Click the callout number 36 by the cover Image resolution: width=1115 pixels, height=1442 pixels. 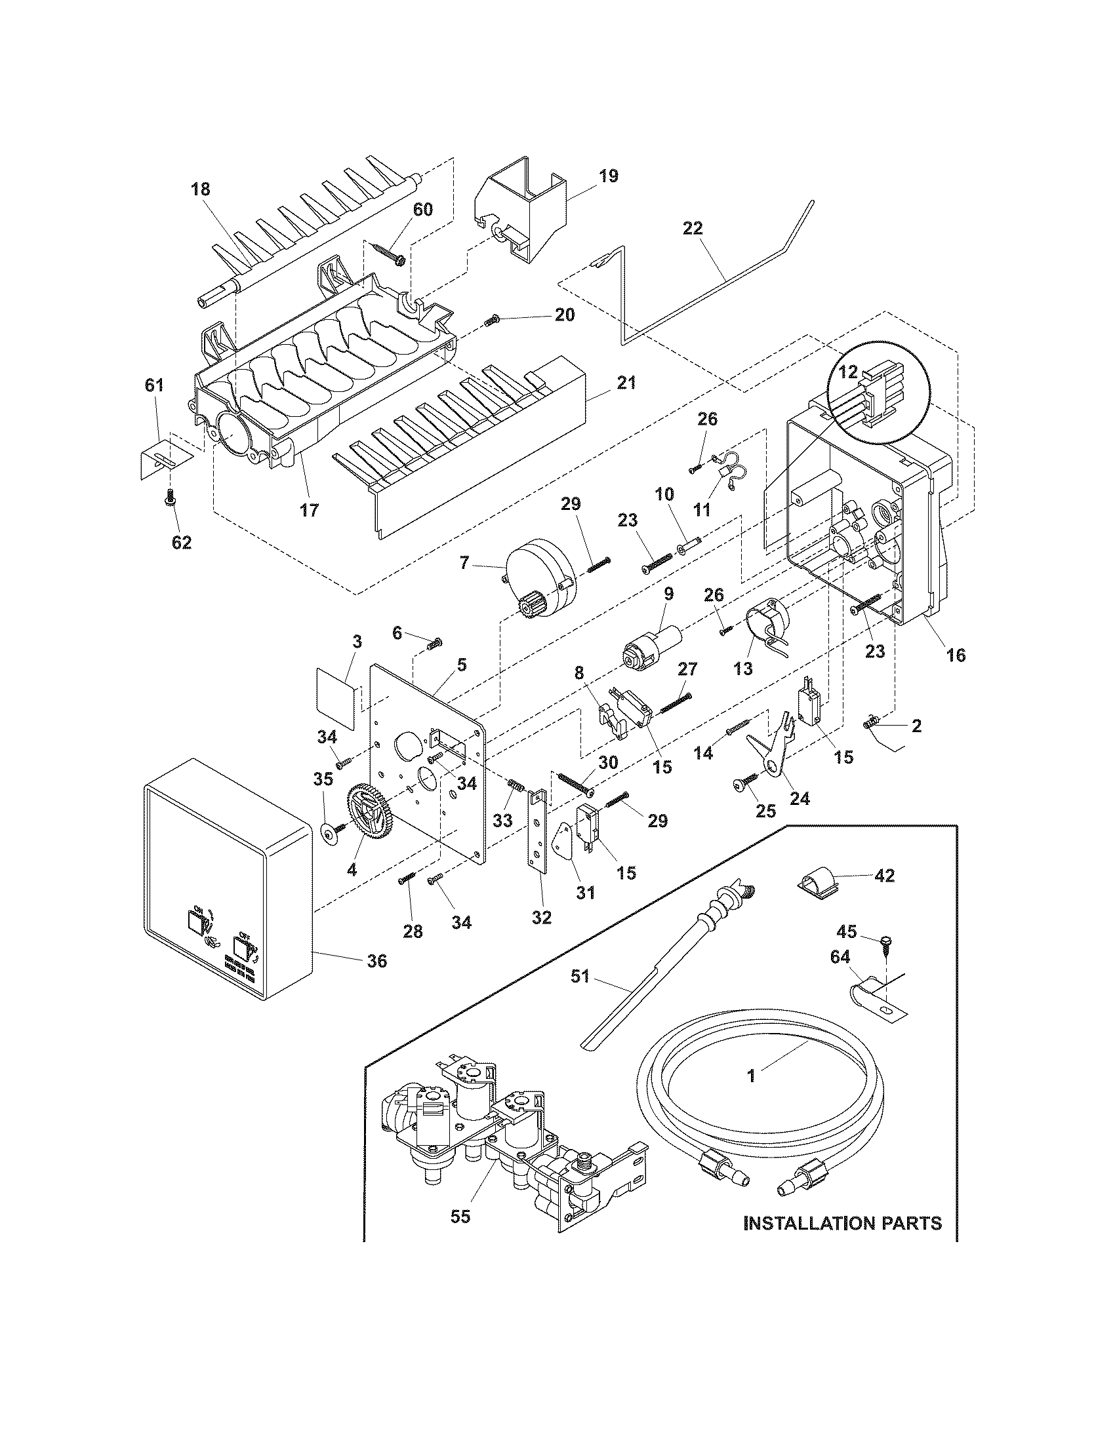coord(376,961)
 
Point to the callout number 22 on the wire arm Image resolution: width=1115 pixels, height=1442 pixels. coord(693,229)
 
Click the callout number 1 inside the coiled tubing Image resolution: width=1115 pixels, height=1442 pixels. coord(750,1076)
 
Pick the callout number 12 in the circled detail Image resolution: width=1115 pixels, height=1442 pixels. coord(847,372)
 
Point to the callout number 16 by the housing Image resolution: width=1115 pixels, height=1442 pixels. coord(956,655)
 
